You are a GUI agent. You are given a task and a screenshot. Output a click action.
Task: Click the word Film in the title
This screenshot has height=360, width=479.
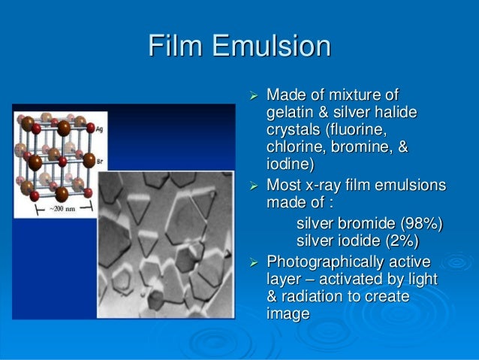[177, 46]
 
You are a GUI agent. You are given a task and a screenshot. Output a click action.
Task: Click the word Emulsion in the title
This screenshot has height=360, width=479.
[271, 46]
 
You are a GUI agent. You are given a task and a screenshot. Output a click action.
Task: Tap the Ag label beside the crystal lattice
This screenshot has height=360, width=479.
[101, 130]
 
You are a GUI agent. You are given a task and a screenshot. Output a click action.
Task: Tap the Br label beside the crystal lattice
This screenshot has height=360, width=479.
[101, 161]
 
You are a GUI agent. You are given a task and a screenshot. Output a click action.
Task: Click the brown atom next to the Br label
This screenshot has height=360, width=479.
[89, 160]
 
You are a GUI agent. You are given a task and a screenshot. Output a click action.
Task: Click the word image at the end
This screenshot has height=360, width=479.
[288, 314]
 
